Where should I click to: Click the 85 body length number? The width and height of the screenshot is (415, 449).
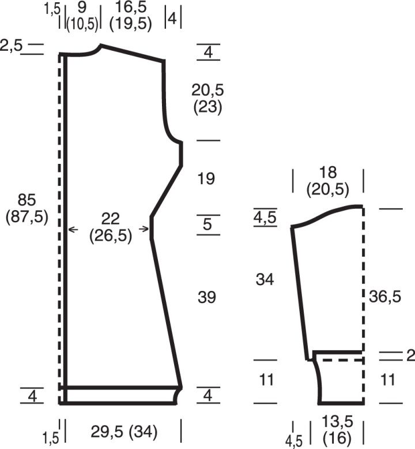(x=27, y=200)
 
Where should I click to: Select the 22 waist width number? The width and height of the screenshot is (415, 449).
(x=111, y=219)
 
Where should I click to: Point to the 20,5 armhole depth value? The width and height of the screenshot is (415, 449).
(x=207, y=90)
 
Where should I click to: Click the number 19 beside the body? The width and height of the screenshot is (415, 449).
(x=206, y=178)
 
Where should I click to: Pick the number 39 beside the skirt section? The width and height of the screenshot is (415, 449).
(x=207, y=297)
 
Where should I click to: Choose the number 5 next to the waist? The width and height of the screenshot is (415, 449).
(x=207, y=224)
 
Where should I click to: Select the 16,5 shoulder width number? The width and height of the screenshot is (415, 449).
(x=130, y=8)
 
